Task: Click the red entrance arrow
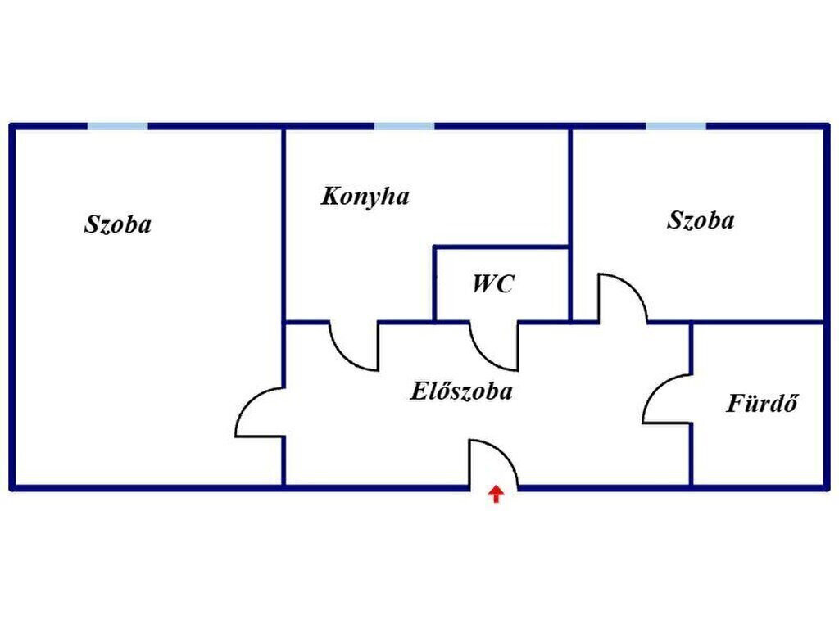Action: tap(497, 494)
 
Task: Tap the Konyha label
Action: tap(365, 197)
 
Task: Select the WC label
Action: tap(493, 283)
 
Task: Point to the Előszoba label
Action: tap(461, 391)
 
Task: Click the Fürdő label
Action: tap(762, 403)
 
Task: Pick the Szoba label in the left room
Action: tap(118, 224)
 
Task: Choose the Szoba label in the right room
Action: tap(701, 220)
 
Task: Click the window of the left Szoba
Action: tap(118, 126)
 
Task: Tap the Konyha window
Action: tap(404, 126)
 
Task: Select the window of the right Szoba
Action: tap(676, 126)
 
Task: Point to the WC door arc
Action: tap(484, 357)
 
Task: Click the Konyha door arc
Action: tap(343, 357)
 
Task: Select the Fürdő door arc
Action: tap(656, 387)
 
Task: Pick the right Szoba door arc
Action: tap(633, 288)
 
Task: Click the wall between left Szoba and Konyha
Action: tap(283, 224)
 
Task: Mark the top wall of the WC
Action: tap(501, 247)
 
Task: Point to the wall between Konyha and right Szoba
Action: tap(571, 224)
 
